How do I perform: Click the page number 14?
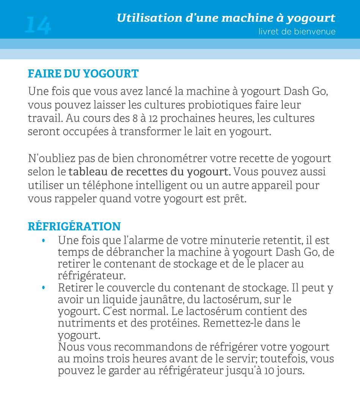[x=38, y=25]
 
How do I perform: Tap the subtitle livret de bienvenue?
[x=297, y=31]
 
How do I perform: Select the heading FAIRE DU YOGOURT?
[x=83, y=73]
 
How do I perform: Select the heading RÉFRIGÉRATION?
[x=74, y=226]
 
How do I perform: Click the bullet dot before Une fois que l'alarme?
[x=44, y=241]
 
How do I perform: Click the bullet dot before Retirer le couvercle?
[x=44, y=288]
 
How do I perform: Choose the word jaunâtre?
[x=158, y=300]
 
